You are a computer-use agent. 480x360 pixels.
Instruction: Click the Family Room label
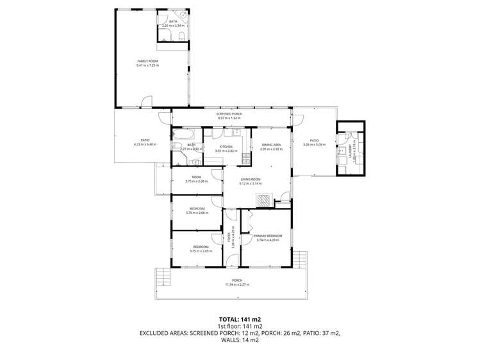[147, 61]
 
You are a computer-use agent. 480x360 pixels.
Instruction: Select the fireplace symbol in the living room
[264, 200]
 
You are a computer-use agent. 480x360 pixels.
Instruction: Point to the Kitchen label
[227, 147]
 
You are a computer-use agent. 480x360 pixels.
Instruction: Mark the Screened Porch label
[228, 114]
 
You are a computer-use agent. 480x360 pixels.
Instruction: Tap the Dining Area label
[272, 145]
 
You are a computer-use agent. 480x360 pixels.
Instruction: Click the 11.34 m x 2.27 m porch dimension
[236, 284]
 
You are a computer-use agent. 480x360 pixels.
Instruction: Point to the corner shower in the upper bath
[182, 14]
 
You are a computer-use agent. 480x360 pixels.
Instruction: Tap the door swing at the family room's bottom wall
[147, 101]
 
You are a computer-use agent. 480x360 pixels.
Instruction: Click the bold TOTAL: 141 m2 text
[240, 318]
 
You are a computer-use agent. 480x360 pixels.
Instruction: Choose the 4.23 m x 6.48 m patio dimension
[144, 144]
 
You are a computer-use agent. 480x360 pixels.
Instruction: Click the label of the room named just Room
[196, 177]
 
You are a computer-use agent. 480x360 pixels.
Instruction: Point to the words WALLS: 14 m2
[240, 340]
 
